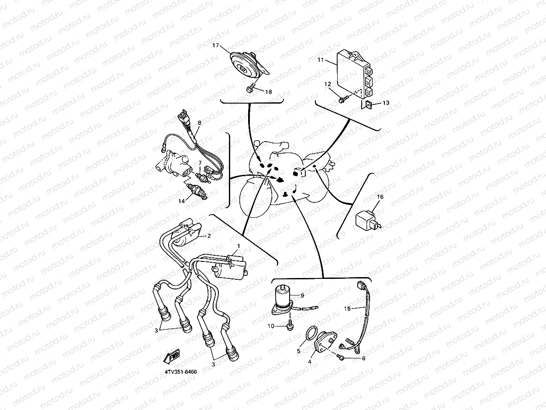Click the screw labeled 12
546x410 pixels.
pyautogui.click(x=342, y=101)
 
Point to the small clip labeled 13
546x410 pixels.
pyautogui.click(x=369, y=104)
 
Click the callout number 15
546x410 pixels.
pyautogui.click(x=347, y=309)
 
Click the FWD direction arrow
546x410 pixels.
pyautogui.click(x=172, y=356)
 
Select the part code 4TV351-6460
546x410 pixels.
pyautogui.click(x=181, y=372)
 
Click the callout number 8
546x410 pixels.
pyautogui.click(x=199, y=123)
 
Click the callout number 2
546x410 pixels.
pyautogui.click(x=209, y=236)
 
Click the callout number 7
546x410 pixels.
pyautogui.click(x=200, y=163)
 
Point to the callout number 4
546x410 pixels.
pyautogui.click(x=310, y=361)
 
